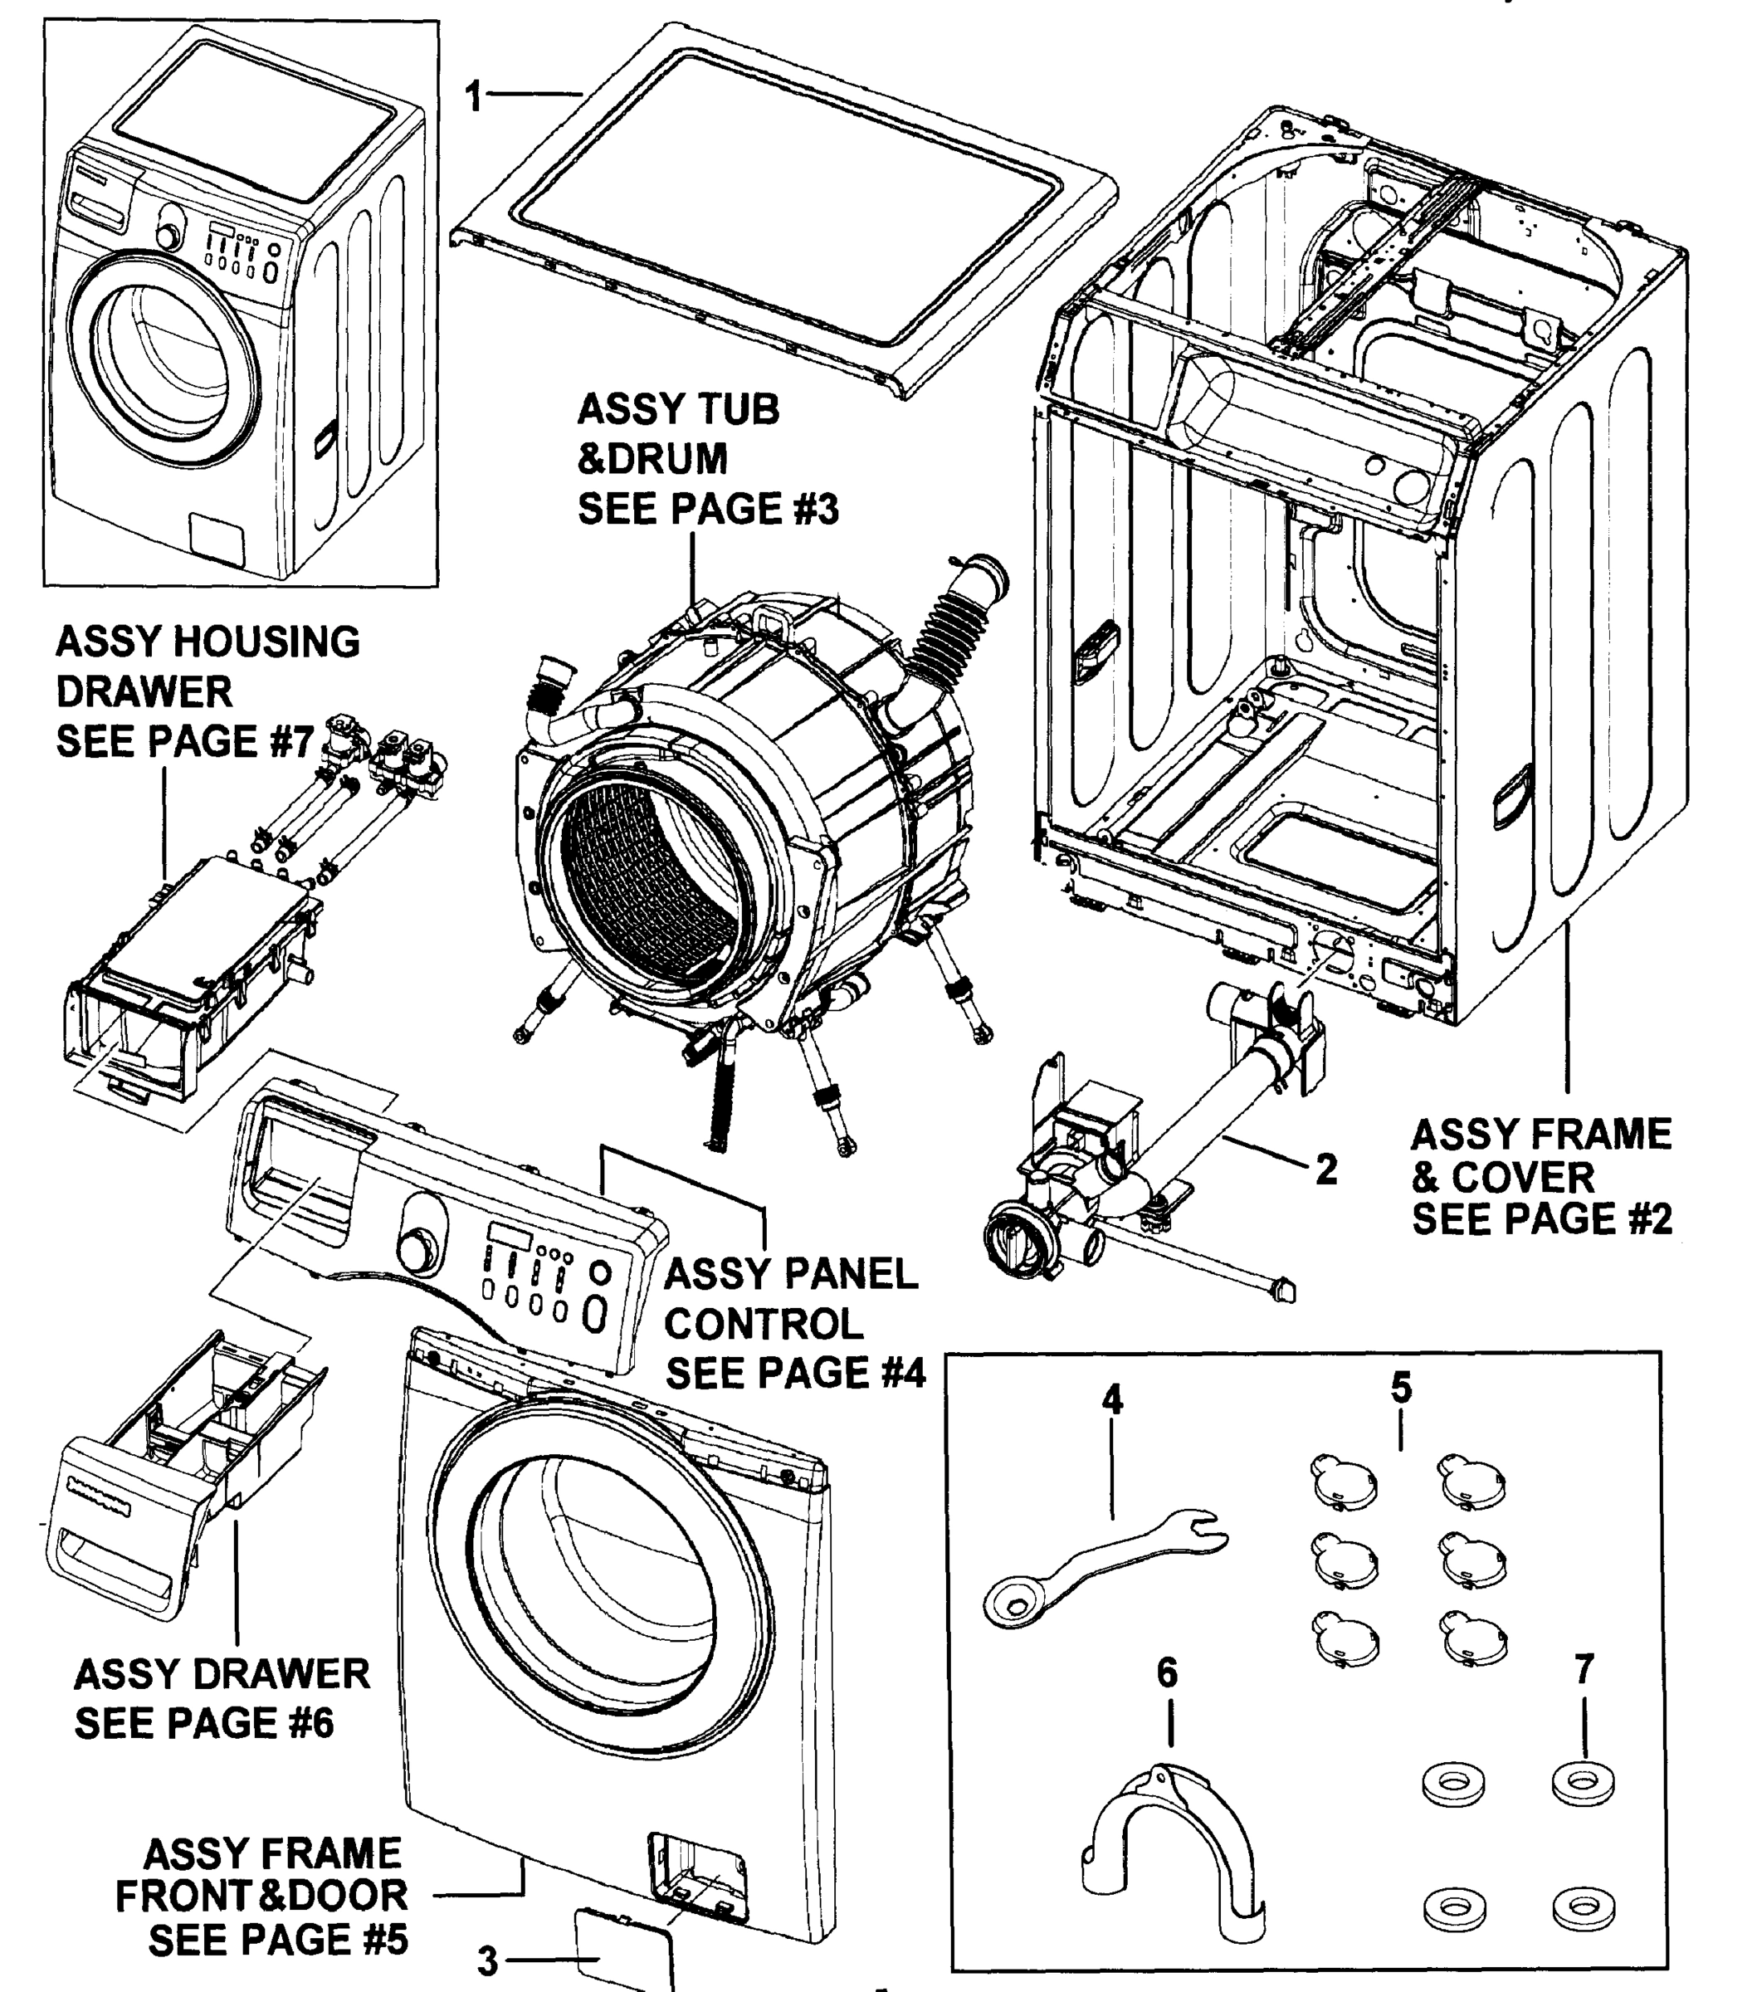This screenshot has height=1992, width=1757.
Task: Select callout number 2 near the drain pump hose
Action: tap(1325, 1169)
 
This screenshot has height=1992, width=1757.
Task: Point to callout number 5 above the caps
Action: tap(1400, 1387)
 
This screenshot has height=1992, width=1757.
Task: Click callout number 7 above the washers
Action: tap(1584, 1669)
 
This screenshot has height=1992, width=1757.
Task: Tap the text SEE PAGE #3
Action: tap(709, 509)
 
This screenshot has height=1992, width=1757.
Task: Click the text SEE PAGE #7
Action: tap(184, 742)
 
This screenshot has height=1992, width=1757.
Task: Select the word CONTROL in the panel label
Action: tap(764, 1324)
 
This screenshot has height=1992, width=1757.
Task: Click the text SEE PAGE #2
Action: tap(1542, 1219)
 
